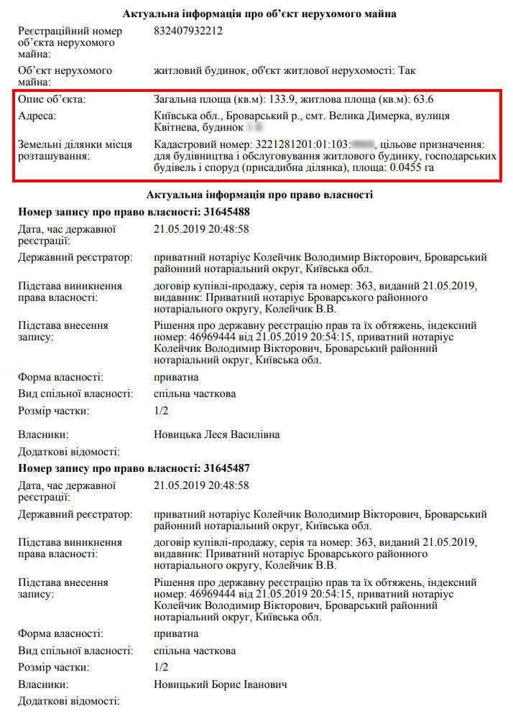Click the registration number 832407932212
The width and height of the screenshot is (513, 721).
188,31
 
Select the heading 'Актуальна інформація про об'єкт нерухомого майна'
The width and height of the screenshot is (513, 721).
259,14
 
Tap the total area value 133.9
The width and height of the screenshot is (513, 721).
285,99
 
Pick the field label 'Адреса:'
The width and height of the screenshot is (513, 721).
37,116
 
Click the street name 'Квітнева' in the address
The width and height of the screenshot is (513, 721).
175,127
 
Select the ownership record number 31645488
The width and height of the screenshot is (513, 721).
226,212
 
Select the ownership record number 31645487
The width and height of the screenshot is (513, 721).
226,468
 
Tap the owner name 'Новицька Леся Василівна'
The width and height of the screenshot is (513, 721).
216,434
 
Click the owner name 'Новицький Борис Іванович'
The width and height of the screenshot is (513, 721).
221,684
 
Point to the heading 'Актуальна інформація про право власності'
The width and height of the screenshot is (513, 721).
259,195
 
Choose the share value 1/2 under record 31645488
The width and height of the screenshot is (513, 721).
161,411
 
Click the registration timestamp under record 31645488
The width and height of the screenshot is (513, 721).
201,229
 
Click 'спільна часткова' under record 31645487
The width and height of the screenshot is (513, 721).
195,651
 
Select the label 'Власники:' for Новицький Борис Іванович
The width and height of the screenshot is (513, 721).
43,684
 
